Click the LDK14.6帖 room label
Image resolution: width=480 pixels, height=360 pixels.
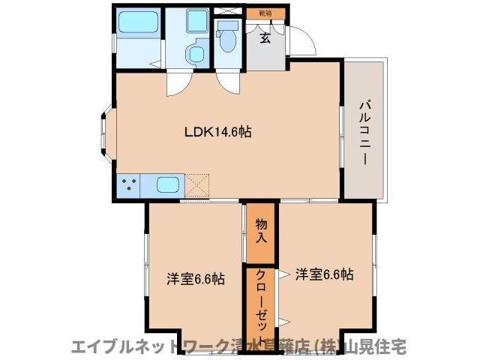(x=218, y=131)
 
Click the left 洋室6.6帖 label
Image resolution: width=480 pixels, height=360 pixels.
(x=195, y=279)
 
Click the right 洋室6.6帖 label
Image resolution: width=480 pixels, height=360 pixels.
(x=323, y=274)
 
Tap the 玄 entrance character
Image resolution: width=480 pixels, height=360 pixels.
(x=265, y=39)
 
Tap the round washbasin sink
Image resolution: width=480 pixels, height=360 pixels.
(x=196, y=53)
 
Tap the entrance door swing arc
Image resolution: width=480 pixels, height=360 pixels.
(x=302, y=39)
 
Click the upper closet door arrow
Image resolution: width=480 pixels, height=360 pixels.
(x=282, y=275)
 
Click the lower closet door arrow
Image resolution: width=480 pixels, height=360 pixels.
(x=282, y=322)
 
